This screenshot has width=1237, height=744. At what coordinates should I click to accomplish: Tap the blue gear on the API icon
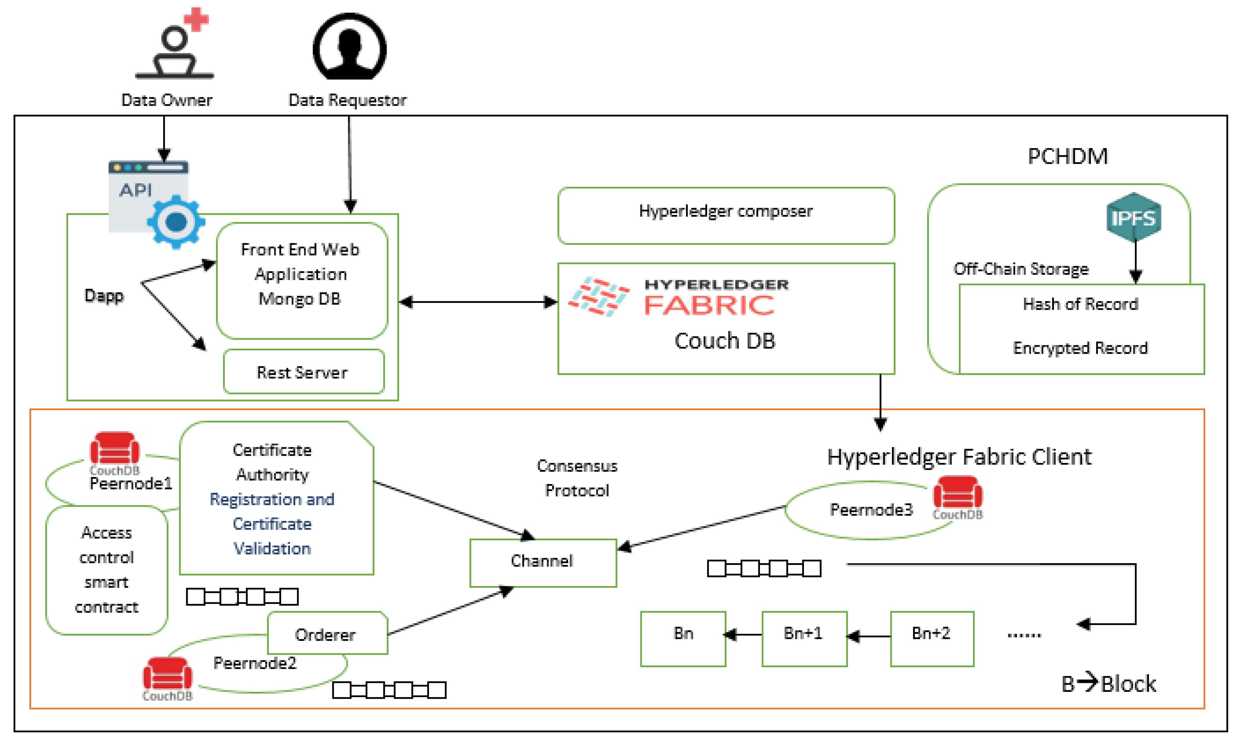click(x=176, y=222)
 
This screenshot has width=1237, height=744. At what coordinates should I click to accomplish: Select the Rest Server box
click(x=303, y=372)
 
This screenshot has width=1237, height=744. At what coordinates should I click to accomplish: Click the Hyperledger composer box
click(x=725, y=215)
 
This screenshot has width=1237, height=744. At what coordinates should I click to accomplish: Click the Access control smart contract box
click(x=106, y=569)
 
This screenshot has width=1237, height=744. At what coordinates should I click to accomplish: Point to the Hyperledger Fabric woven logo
click(x=598, y=296)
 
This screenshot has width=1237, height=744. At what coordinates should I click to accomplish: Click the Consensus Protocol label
click(x=577, y=478)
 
